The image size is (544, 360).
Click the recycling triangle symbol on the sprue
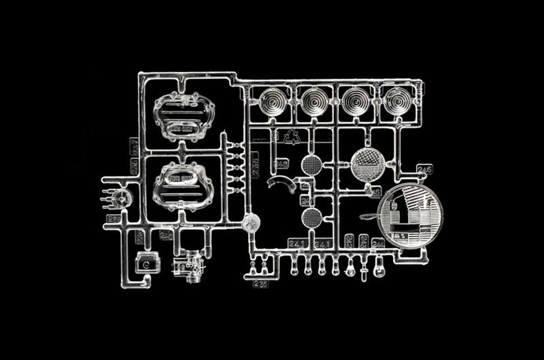click(291, 137)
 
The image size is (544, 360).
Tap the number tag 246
click(425, 169)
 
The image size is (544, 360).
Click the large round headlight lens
click(410, 216)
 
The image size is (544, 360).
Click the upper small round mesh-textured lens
click(311, 165)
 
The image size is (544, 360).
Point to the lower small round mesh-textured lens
click(311, 218)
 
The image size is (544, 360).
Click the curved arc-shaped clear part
click(283, 183)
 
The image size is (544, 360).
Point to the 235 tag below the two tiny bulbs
click(261, 283)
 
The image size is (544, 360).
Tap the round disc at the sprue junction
click(251, 223)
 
